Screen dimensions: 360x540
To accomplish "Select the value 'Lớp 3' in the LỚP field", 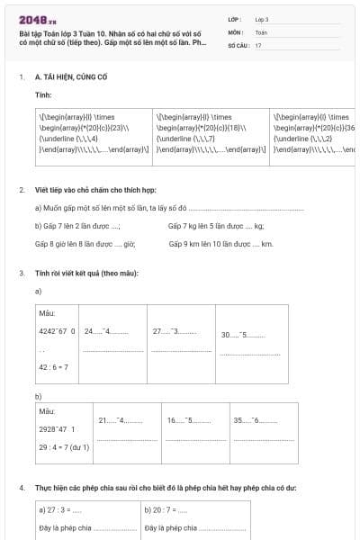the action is click(x=262, y=19).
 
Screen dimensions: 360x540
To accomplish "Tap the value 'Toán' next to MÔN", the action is click(x=261, y=31).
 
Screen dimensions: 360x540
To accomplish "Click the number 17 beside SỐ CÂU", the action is click(x=258, y=44).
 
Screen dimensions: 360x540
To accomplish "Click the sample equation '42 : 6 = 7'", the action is click(x=53, y=367).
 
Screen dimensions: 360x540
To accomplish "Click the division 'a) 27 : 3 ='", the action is click(x=65, y=509).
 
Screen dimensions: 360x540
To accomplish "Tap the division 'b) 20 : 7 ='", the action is click(x=166, y=509).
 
